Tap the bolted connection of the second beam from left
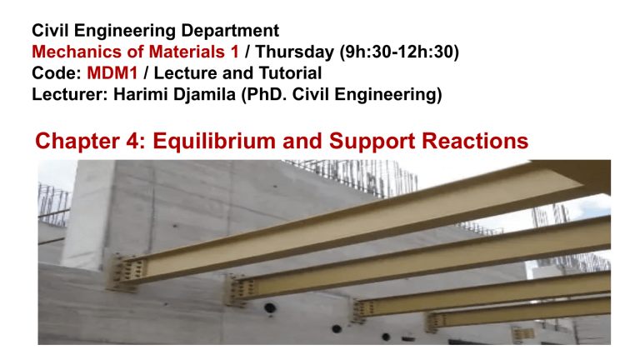[x=242, y=289]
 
